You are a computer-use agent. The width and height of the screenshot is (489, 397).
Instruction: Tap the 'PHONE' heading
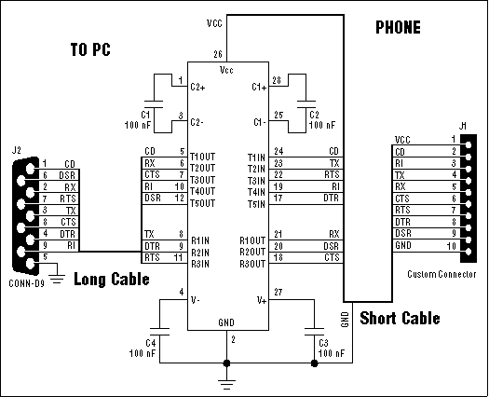[x=399, y=27]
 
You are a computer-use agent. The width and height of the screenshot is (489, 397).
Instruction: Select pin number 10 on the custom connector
[x=453, y=246]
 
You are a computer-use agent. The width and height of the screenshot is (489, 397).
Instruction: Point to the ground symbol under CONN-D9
[x=57, y=273]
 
